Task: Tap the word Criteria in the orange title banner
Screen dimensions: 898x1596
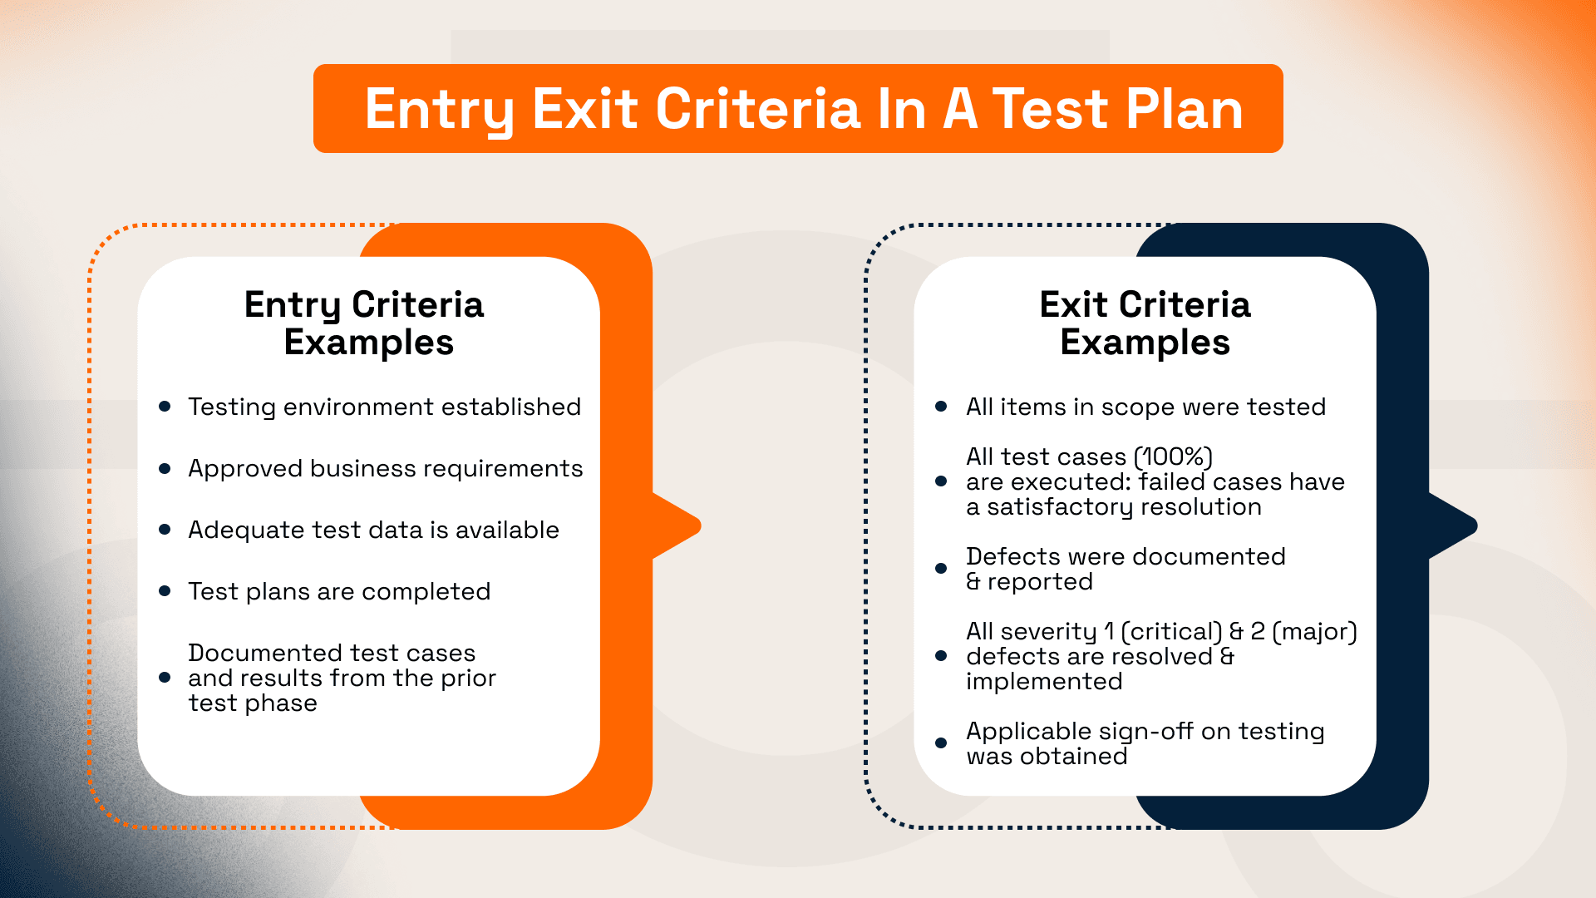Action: [x=757, y=109]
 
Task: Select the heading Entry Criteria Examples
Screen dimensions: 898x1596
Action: [x=365, y=323]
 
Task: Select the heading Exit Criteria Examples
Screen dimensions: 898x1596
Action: [x=1145, y=323]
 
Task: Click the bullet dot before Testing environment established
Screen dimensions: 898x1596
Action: [x=165, y=407]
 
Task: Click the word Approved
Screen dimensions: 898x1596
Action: [x=245, y=469]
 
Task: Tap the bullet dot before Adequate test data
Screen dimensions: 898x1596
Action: [x=165, y=530]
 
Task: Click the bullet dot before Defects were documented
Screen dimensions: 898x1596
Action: [x=941, y=569]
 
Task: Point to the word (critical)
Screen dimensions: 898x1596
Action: [x=1171, y=632]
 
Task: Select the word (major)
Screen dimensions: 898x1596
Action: [x=1314, y=632]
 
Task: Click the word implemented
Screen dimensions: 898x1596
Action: [x=1044, y=682]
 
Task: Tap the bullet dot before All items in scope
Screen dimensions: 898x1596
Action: [x=941, y=407]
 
